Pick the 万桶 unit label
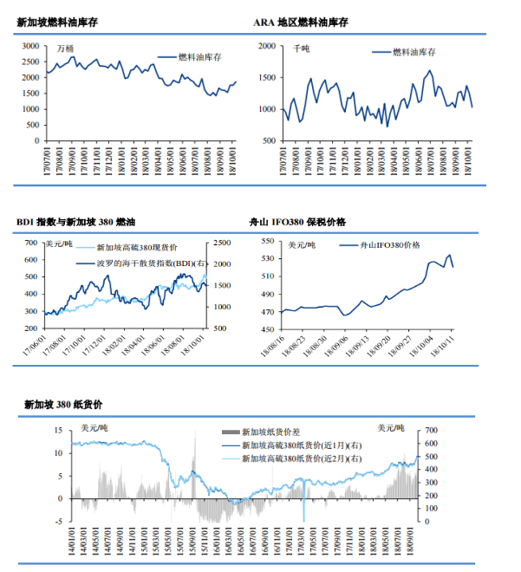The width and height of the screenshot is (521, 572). pos(64,49)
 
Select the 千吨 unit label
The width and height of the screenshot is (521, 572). pos(301,49)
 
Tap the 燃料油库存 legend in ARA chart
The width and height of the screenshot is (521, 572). pos(414,53)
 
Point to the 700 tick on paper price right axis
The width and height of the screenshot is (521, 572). pos(431,430)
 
